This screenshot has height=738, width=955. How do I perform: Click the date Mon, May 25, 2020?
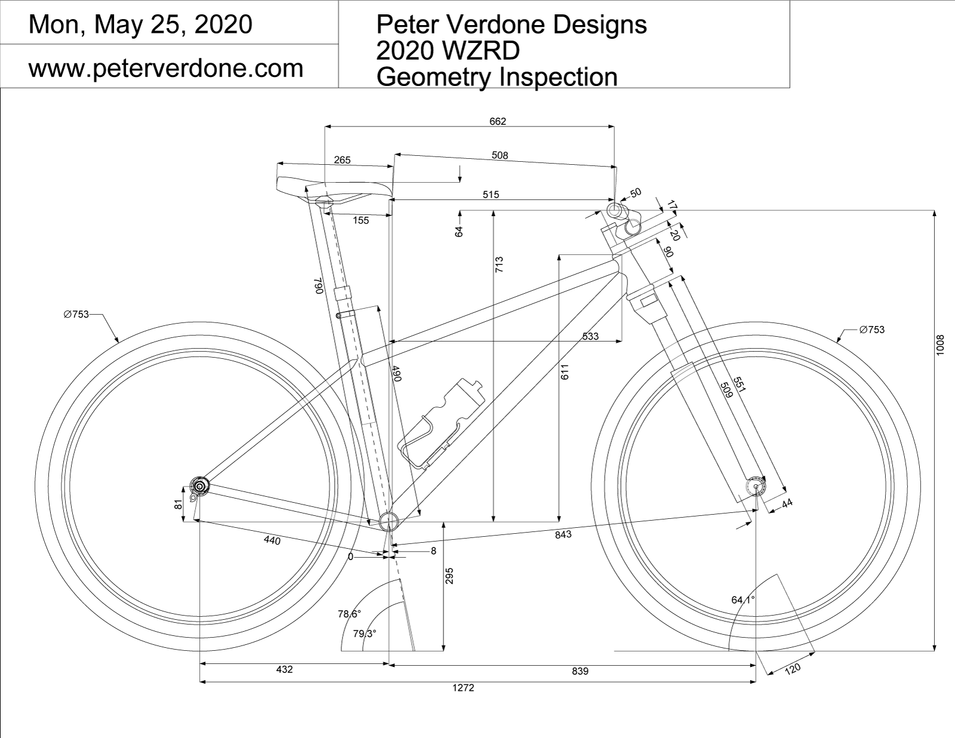[x=140, y=24]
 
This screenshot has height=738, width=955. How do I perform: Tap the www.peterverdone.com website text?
[x=166, y=69]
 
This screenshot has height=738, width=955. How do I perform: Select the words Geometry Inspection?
[x=497, y=77]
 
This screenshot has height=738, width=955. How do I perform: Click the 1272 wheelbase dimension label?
[x=463, y=688]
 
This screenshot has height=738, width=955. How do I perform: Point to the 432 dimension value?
[x=285, y=669]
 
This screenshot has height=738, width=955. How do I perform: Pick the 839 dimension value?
[x=580, y=671]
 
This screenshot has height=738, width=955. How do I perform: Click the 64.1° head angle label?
[x=743, y=599]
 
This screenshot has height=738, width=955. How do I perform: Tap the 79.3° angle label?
[x=364, y=634]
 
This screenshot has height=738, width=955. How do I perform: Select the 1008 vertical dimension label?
[x=941, y=345]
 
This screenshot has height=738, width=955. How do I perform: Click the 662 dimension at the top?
[x=498, y=121]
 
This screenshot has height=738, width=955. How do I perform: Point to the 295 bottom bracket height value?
[x=450, y=576]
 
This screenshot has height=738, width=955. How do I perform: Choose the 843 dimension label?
[x=563, y=534]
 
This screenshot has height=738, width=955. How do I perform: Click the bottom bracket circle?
[x=389, y=521]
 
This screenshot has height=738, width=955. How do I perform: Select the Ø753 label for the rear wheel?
[x=76, y=314]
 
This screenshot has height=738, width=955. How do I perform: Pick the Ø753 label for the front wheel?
[x=871, y=330]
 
